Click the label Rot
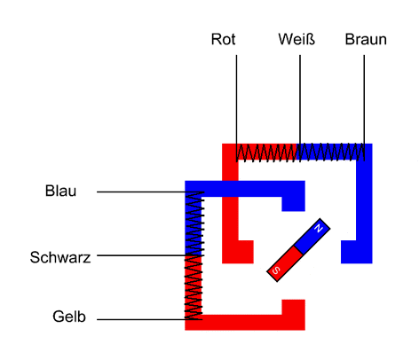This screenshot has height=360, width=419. pyautogui.click(x=223, y=39)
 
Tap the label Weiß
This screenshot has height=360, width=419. pyautogui.click(x=296, y=39)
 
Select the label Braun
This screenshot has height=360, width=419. pyautogui.click(x=366, y=39)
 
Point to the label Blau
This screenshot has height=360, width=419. pyautogui.click(x=60, y=191)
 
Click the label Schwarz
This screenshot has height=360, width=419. pyautogui.click(x=60, y=257)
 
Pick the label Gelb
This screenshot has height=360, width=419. pyautogui.click(x=69, y=317)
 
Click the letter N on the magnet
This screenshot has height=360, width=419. pyautogui.click(x=319, y=228)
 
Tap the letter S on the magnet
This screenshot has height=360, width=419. pyautogui.click(x=276, y=270)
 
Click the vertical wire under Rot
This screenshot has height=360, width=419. pyautogui.click(x=236, y=108)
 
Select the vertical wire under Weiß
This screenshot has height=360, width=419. pyautogui.click(x=300, y=108)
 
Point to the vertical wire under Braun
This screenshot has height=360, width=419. pyautogui.click(x=364, y=108)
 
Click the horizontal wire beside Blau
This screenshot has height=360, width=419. pyautogui.click(x=150, y=192)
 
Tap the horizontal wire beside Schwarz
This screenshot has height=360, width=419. pyautogui.click(x=150, y=255)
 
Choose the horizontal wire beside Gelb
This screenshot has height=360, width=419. pyautogui.click(x=150, y=319)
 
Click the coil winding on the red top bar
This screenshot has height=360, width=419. pyautogui.click(x=268, y=153)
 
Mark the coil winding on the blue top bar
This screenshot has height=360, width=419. pyautogui.click(x=332, y=153)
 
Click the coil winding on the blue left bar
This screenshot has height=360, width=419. pyautogui.click(x=194, y=223)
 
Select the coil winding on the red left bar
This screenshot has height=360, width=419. pyautogui.click(x=194, y=287)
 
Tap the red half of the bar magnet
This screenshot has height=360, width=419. pyautogui.click(x=285, y=263)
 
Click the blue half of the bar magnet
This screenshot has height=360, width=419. pyautogui.click(x=312, y=237)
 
